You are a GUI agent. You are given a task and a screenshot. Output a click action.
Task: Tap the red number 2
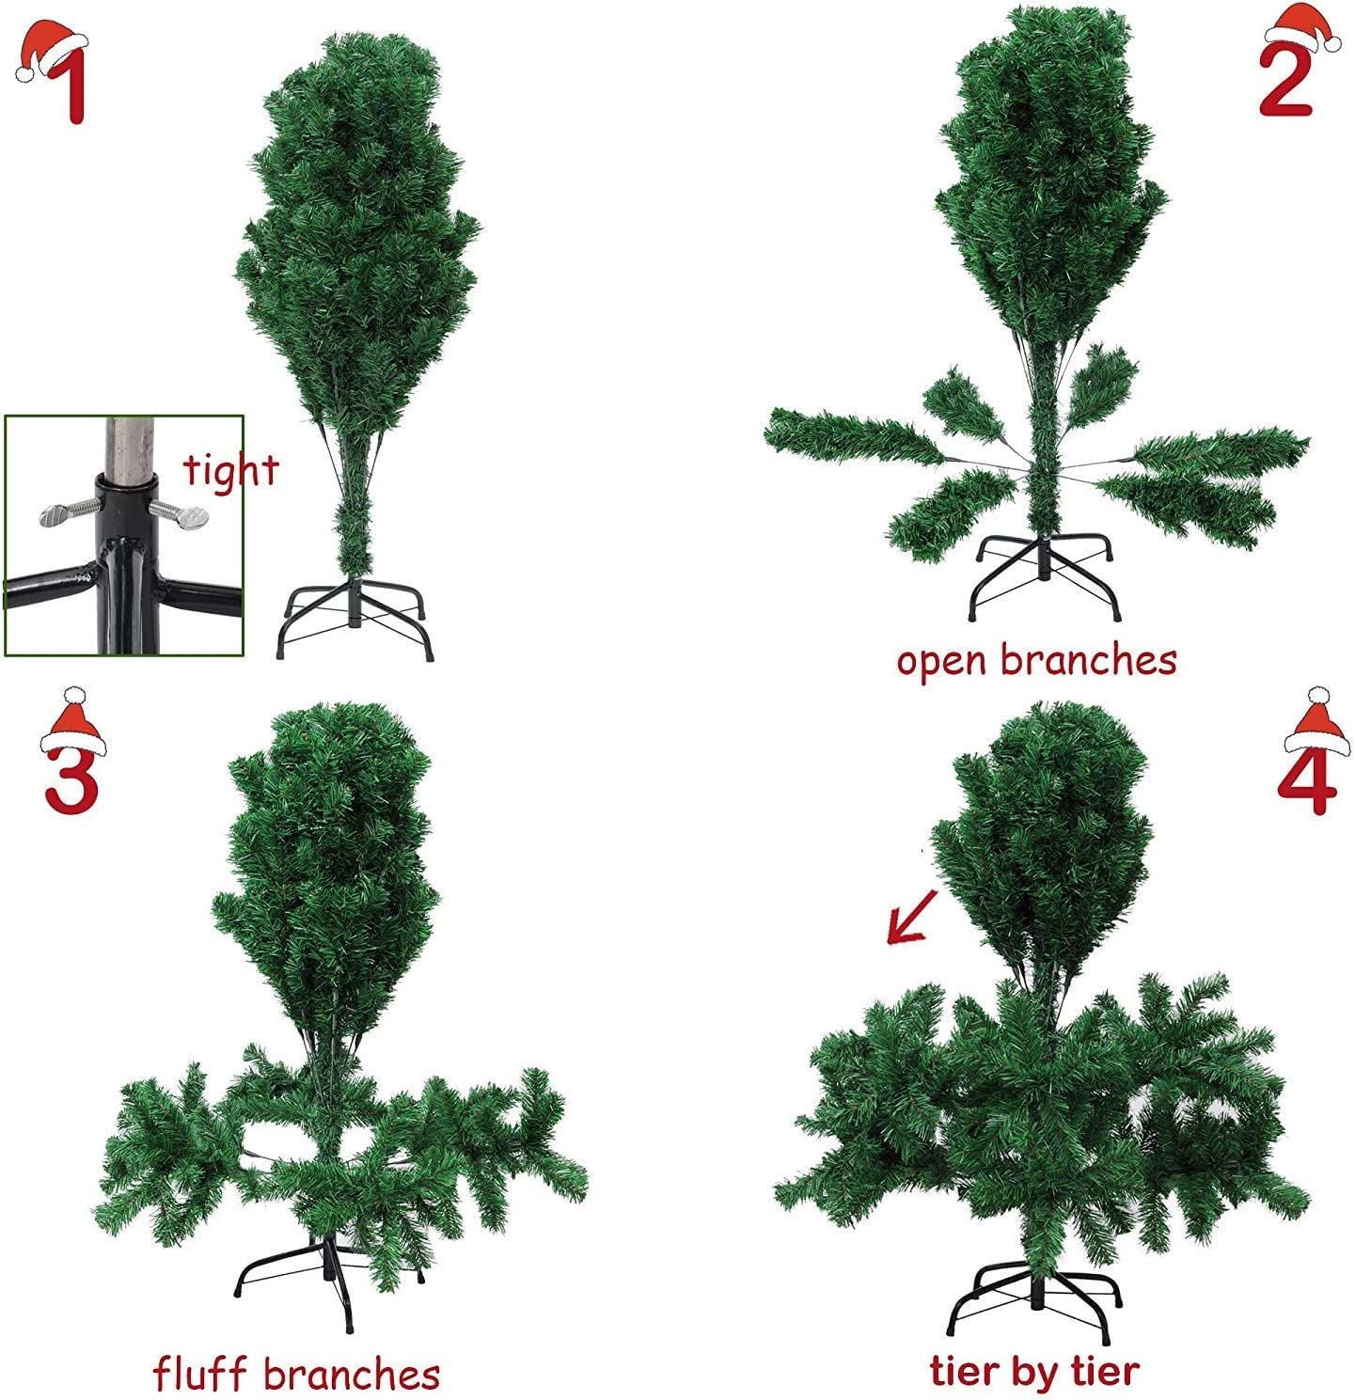(1285, 83)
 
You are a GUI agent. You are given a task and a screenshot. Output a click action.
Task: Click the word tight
(230, 469)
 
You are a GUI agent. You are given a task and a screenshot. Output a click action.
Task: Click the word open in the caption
(941, 662)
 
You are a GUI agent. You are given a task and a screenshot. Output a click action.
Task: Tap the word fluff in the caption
(201, 1374)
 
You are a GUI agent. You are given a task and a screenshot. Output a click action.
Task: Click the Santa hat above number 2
(1303, 26)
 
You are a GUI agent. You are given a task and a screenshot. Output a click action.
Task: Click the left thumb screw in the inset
(66, 513)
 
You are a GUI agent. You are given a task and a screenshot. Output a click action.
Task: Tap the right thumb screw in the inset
(183, 514)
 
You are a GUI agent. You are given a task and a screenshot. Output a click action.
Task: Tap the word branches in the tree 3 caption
(352, 1374)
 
